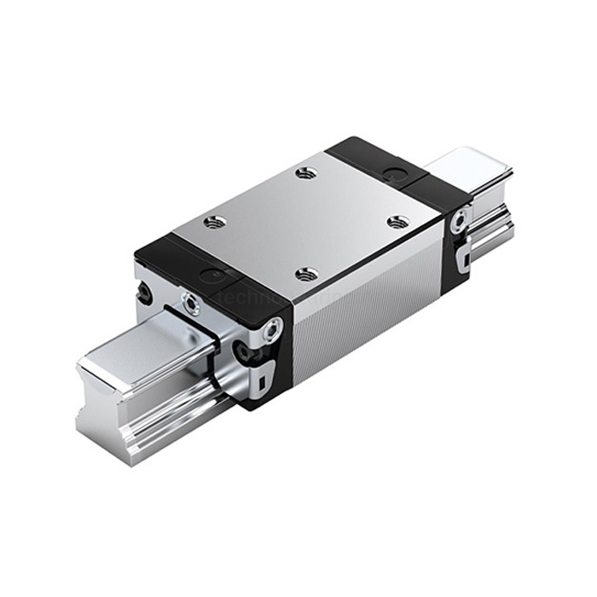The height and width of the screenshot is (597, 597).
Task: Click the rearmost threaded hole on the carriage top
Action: (x=306, y=173)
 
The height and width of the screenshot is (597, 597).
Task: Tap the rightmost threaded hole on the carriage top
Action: (x=397, y=222)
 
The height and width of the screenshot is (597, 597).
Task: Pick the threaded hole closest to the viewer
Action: (x=308, y=274)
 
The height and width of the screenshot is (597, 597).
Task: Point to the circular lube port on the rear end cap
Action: (x=394, y=173)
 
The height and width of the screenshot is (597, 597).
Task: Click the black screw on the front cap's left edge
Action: (x=146, y=294)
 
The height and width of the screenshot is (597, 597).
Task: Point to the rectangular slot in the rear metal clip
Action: (x=461, y=257)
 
